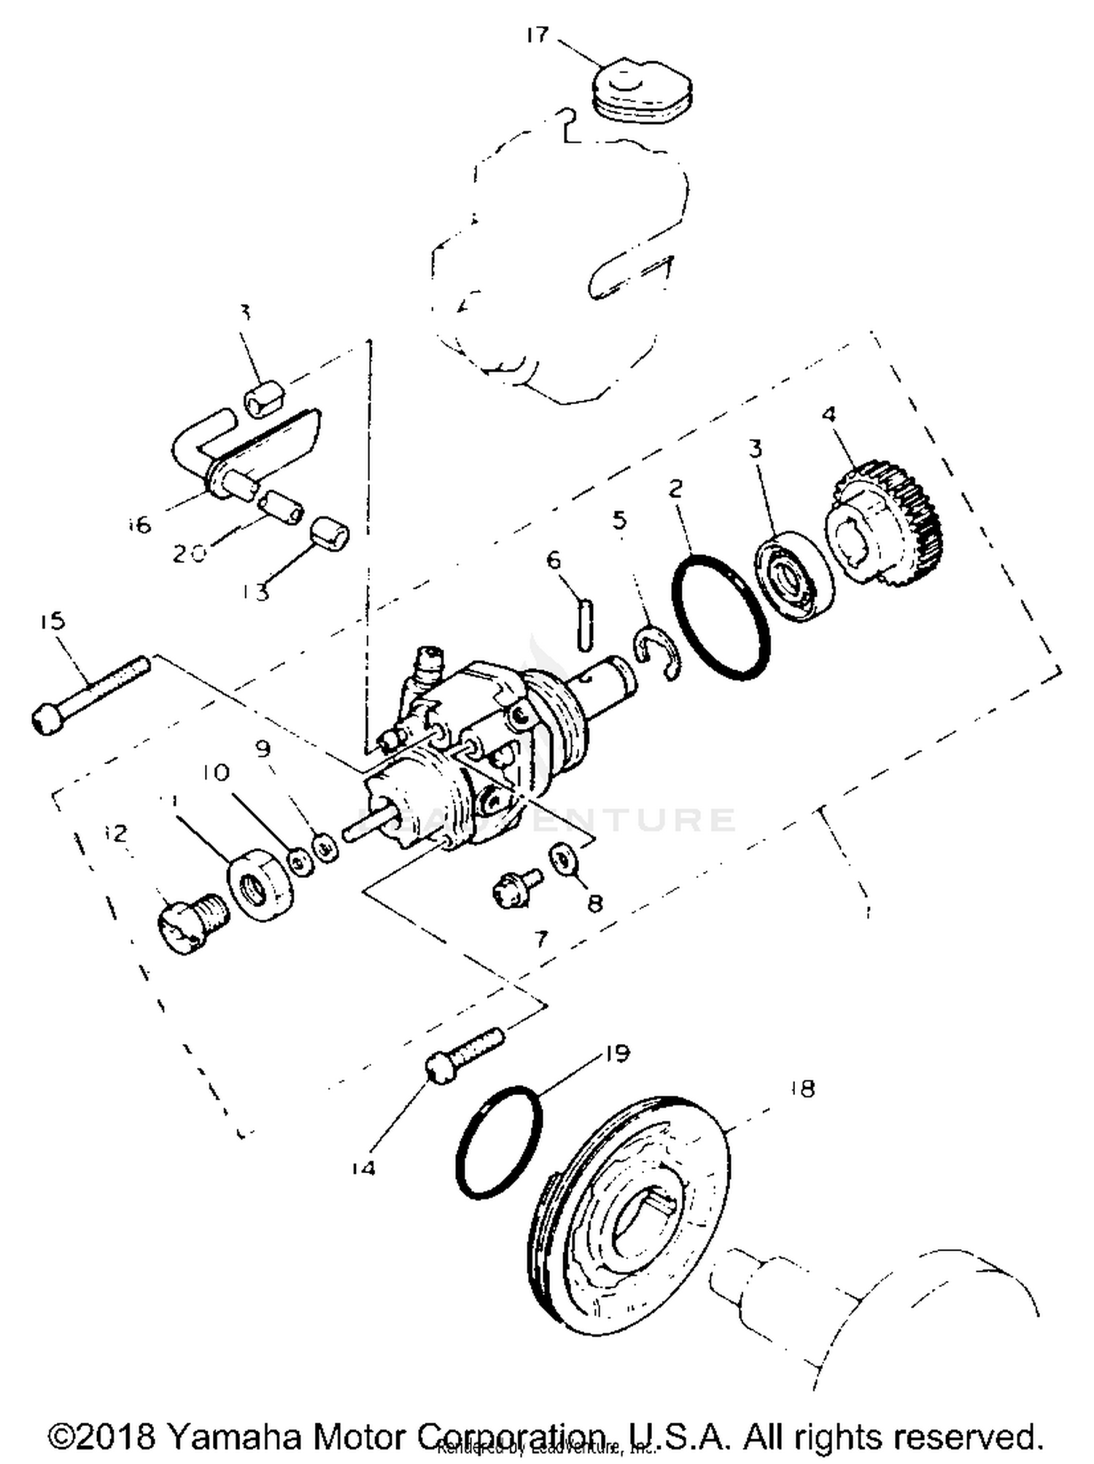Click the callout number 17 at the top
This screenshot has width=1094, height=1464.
[x=537, y=35]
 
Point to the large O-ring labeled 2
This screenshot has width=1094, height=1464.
[x=719, y=618]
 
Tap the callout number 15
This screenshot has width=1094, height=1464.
[x=53, y=621]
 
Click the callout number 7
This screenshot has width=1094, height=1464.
[x=540, y=938]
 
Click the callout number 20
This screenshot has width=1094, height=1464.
[x=189, y=553]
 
